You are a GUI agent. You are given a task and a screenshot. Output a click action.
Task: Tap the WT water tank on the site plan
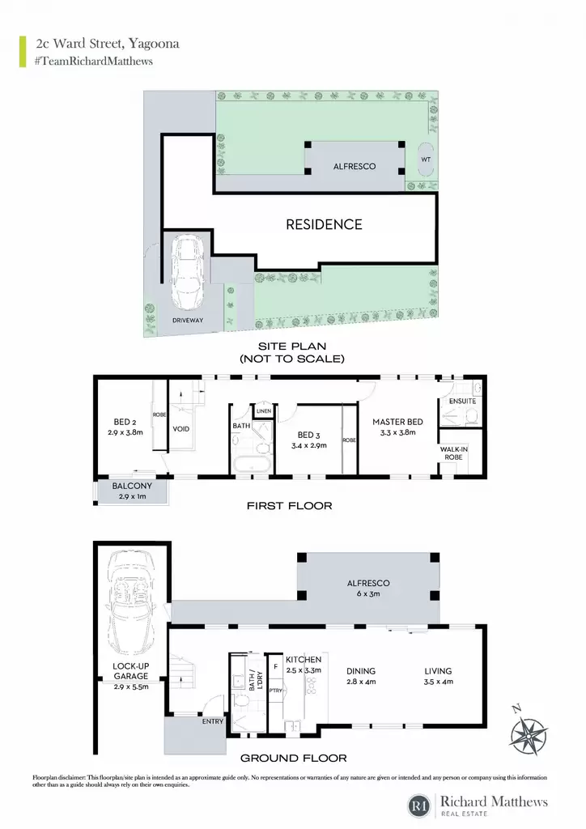426,159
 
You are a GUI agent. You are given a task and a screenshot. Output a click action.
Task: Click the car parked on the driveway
188,274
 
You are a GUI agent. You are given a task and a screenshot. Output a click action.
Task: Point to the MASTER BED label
397,422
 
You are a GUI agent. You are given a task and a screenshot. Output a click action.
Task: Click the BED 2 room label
125,422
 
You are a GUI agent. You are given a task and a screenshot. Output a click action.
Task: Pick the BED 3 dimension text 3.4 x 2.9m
309,446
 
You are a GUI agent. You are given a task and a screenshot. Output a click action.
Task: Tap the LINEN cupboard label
264,410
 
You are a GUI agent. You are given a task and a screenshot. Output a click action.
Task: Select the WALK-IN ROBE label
453,453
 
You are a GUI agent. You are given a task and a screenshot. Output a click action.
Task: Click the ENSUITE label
462,402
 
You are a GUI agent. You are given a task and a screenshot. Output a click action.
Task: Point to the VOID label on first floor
180,429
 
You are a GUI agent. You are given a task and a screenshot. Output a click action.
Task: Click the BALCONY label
132,486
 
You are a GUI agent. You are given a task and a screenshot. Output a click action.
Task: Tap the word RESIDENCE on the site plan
324,225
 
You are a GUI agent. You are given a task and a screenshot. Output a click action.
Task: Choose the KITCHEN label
304,660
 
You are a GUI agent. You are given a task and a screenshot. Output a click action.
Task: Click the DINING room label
361,671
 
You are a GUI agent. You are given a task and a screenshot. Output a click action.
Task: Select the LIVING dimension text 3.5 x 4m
438,682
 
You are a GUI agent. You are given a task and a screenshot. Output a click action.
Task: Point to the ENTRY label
212,721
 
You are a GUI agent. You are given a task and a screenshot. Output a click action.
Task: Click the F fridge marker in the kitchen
275,667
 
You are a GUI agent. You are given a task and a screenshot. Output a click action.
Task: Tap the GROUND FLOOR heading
293,758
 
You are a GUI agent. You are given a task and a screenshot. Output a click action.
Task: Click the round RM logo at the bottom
419,806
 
